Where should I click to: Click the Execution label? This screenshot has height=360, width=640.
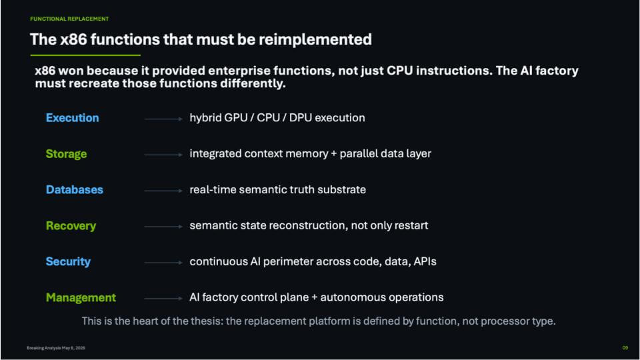(x=72, y=118)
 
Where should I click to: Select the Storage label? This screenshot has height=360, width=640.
(x=66, y=154)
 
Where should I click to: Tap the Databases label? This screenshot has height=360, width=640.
(x=74, y=190)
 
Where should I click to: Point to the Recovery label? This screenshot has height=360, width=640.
(x=71, y=226)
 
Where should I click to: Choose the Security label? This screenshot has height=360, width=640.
(x=68, y=261)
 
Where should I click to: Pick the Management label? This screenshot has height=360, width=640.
(x=81, y=297)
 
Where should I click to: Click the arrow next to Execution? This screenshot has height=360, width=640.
(x=163, y=119)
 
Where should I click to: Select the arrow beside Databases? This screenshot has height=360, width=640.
(x=163, y=191)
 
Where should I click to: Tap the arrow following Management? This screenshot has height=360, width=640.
(x=163, y=299)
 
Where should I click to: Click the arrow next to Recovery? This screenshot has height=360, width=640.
(x=163, y=227)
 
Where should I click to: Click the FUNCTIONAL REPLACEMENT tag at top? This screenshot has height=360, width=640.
(x=69, y=19)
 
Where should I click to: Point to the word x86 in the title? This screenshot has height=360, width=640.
(x=73, y=39)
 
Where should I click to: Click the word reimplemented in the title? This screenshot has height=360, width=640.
(x=315, y=39)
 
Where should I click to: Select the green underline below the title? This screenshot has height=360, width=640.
(x=85, y=55)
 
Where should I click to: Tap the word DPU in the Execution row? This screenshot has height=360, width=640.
(x=301, y=118)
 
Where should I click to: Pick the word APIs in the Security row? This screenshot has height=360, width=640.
(x=425, y=261)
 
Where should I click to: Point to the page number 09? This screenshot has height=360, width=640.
(x=625, y=348)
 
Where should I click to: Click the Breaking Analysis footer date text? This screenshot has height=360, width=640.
(x=56, y=348)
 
